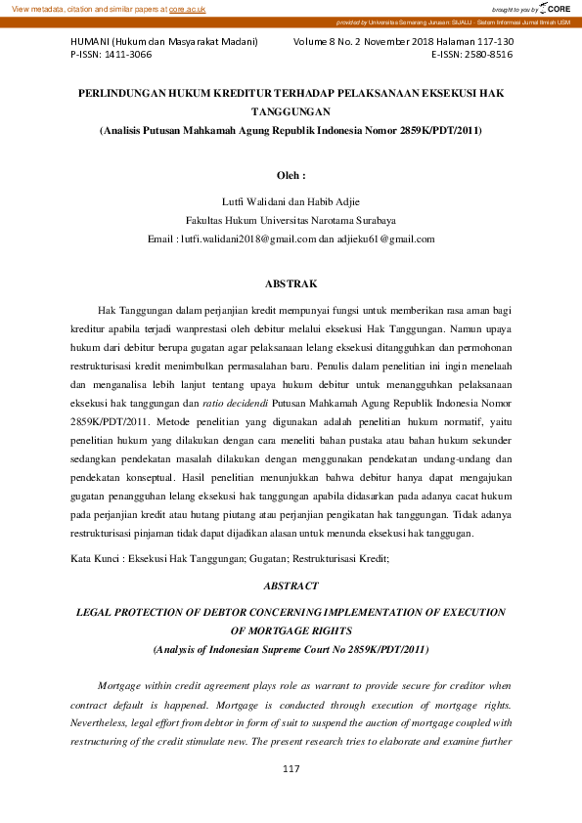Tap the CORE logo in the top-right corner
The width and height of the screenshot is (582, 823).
point(555,8)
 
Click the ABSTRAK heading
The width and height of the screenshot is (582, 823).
point(291,283)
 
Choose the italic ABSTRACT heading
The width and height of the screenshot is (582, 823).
point(291,585)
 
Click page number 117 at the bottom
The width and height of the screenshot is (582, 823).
point(291,770)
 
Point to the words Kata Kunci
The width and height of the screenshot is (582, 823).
point(94,558)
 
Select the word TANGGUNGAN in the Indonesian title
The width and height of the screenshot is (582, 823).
point(291,111)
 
